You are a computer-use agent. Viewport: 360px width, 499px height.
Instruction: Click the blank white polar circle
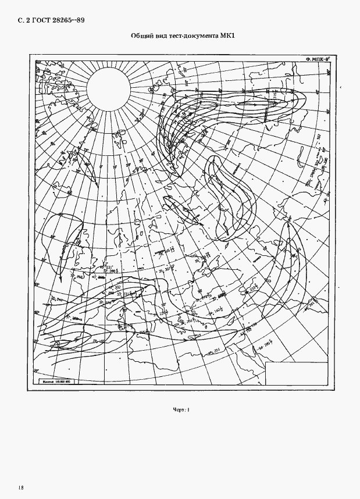click(x=109, y=88)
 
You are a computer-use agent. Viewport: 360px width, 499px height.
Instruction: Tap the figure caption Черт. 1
click(x=181, y=411)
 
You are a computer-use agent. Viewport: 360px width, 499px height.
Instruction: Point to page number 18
click(x=21, y=486)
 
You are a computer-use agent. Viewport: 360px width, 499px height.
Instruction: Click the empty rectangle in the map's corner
click(x=295, y=373)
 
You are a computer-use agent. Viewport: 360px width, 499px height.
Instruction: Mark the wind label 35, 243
click(x=58, y=299)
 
